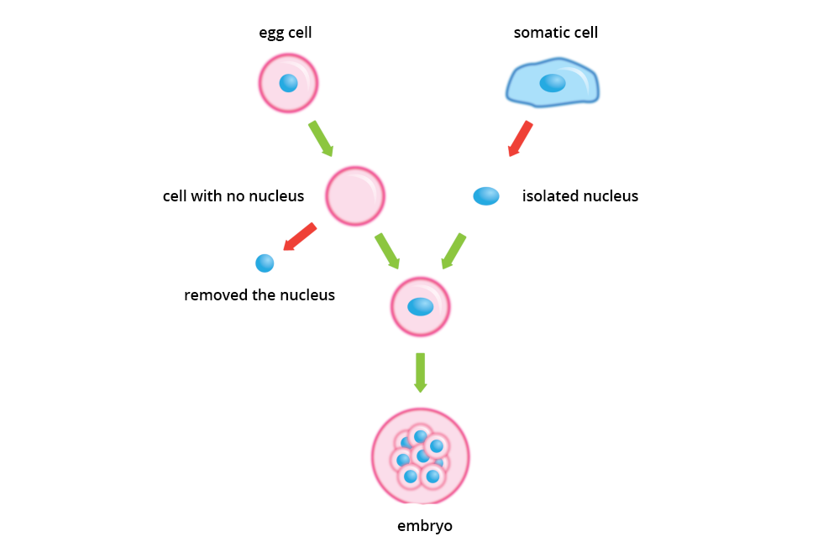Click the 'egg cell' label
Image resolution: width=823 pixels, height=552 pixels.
[x=286, y=34]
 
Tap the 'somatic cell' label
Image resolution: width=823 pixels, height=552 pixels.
[x=556, y=34]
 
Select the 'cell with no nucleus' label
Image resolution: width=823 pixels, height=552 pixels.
[x=233, y=196]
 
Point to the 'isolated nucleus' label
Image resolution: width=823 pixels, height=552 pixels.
[x=580, y=196]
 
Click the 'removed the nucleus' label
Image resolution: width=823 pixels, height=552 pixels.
[x=259, y=295]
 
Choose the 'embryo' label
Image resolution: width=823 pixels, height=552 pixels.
[x=425, y=527]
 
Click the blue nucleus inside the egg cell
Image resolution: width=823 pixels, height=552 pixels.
[x=288, y=83]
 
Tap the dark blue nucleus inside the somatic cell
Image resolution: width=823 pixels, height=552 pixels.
[x=553, y=82]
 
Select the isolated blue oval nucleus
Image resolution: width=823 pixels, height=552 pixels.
[x=486, y=196]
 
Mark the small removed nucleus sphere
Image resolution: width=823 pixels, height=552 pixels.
[x=265, y=263]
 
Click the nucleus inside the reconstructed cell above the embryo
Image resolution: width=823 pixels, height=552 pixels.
[x=421, y=307]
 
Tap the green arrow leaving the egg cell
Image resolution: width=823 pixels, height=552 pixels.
[x=321, y=138]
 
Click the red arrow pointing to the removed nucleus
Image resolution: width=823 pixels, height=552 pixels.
[x=299, y=237]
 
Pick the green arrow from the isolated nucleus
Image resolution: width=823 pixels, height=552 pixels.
[x=453, y=251]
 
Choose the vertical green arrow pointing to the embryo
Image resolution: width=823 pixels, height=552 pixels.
[x=420, y=372]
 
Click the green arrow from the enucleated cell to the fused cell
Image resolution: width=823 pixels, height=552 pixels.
[x=387, y=251]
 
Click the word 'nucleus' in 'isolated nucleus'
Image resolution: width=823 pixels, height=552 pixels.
[x=610, y=196]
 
